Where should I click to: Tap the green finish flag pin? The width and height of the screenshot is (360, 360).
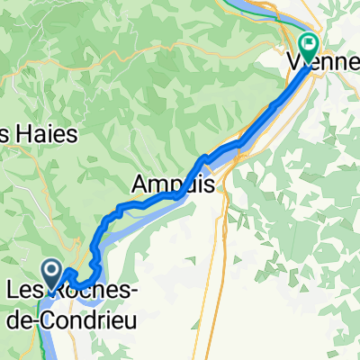(x=310, y=43)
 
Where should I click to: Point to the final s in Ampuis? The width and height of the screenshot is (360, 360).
(x=208, y=184)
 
